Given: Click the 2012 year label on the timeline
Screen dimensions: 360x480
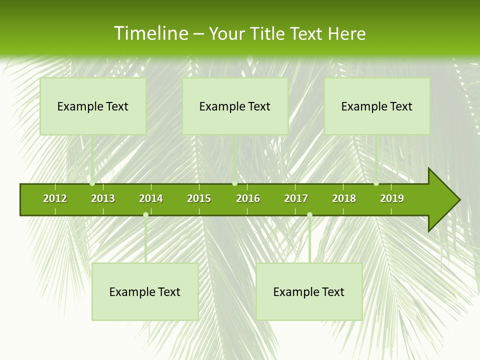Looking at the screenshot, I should coord(55,198).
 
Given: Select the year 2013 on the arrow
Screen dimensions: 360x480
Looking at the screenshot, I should coord(103,198).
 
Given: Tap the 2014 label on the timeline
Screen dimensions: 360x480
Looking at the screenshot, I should coord(151,198).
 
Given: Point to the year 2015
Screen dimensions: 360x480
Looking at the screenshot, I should coord(199,198).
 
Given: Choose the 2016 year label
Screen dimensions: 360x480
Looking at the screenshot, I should coord(248,198).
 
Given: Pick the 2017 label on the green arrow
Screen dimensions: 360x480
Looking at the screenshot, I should coord(296,198).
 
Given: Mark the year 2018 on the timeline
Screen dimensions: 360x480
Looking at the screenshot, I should coord(344,198).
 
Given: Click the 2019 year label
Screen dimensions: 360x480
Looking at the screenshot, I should coord(392,198).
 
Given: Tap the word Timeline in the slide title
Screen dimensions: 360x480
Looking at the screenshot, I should coord(150,33).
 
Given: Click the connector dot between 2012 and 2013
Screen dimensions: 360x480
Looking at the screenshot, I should coord(92,183).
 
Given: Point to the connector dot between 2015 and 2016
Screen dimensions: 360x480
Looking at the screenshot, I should coord(234,183).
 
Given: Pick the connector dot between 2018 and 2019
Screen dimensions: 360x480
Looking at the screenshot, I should coord(376,183).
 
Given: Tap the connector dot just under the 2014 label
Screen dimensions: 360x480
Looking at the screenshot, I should coord(145,215).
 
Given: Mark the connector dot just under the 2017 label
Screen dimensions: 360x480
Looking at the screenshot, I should coord(309,215).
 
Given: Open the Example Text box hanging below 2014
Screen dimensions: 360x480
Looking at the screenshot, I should coord(145,291).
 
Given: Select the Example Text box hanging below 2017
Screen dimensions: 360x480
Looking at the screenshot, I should coord(309,291).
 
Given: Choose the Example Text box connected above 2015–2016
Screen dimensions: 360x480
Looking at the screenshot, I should coord(235,106).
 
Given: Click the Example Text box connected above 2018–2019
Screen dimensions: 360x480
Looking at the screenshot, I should coord(377,106).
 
